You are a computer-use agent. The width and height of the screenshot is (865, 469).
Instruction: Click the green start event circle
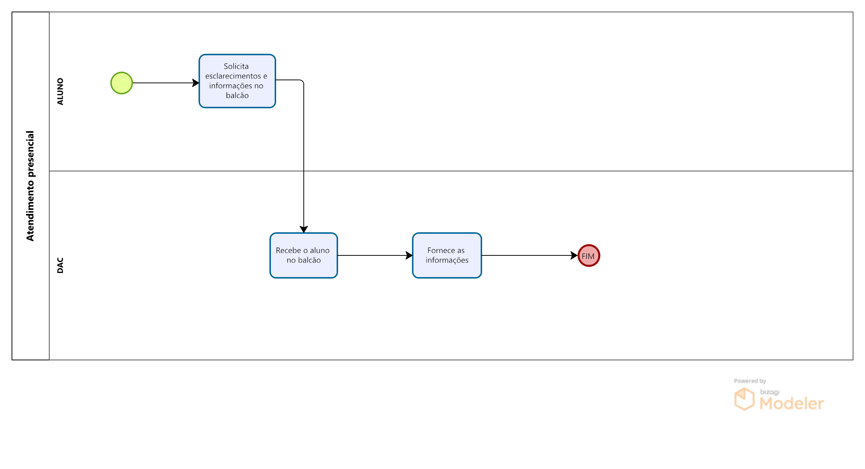click(122, 83)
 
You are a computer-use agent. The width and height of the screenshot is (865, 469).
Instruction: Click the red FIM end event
click(589, 256)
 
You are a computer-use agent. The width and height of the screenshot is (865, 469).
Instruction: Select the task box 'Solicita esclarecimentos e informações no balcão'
click(237, 81)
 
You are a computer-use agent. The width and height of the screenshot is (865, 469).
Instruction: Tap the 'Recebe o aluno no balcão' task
click(304, 255)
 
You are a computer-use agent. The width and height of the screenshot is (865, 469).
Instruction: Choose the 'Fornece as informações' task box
click(447, 255)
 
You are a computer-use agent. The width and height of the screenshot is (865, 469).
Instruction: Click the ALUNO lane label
click(60, 91)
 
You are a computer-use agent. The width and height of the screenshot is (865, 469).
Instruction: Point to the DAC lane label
click(60, 265)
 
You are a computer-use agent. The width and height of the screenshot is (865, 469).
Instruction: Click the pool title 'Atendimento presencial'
click(30, 186)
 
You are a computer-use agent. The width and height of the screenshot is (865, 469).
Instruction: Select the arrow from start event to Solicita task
click(166, 83)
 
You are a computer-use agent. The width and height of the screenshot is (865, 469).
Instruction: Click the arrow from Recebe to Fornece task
click(375, 255)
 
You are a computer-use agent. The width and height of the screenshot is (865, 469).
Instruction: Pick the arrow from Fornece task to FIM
click(530, 255)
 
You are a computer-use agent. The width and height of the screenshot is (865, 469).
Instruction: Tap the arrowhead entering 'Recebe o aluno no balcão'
click(304, 229)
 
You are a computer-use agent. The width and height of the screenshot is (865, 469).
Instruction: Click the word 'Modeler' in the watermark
click(791, 403)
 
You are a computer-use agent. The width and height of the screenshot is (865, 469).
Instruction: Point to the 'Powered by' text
click(750, 381)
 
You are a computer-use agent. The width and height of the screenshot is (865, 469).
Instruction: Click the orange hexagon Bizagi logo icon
click(744, 399)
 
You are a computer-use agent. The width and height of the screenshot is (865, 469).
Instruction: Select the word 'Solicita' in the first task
click(236, 66)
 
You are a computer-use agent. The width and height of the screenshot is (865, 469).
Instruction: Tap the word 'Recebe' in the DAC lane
click(288, 251)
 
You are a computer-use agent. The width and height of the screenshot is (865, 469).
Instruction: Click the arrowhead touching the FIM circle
click(574, 255)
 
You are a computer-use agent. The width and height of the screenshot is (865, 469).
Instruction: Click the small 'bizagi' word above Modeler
click(770, 392)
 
